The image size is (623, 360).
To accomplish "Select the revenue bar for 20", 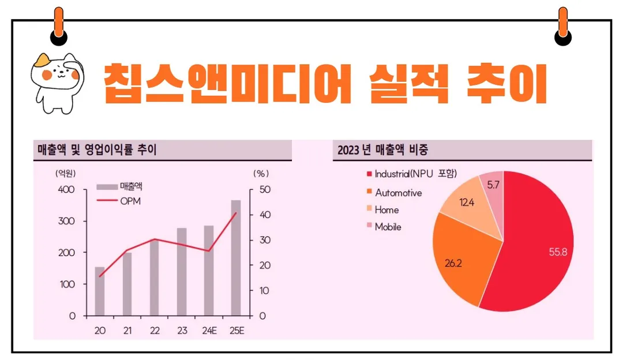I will point(100,291).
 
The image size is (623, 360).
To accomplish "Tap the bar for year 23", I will point(182,272).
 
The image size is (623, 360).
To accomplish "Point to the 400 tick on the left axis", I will point(67,190).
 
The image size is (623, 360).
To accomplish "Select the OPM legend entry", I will point(130,201).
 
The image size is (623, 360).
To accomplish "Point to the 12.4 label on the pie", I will point(467,202).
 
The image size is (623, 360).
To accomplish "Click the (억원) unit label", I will point(66,172).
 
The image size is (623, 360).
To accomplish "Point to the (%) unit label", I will point(261,172).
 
